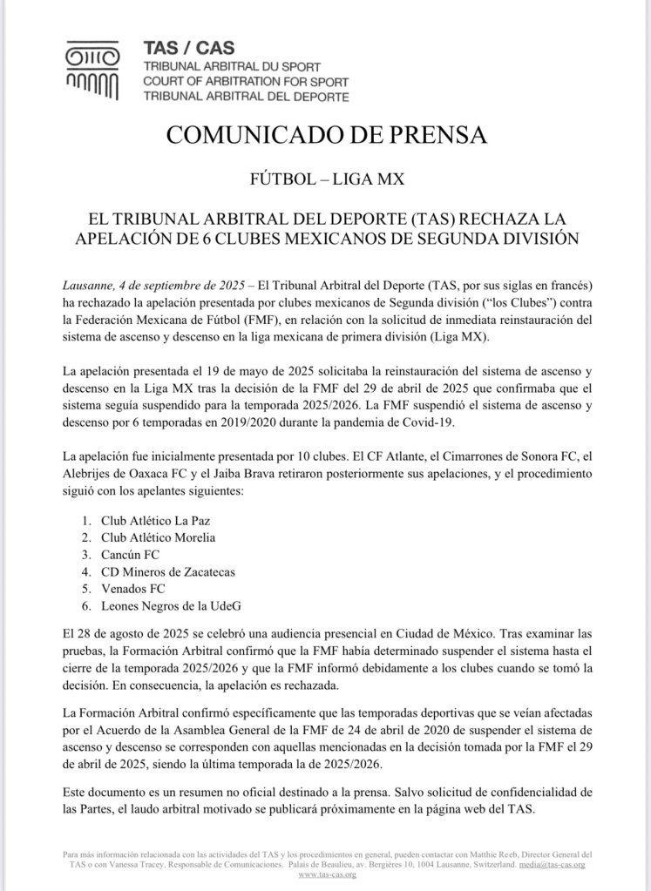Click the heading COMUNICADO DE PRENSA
coord(325,135)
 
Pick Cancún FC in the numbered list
coord(131,555)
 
